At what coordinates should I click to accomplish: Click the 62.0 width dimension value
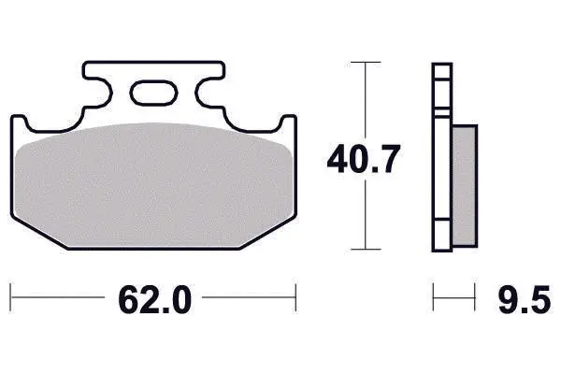pyautogui.click(x=154, y=299)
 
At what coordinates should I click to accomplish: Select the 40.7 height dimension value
pyautogui.click(x=364, y=159)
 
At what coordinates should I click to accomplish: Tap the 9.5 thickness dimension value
pyautogui.click(x=525, y=299)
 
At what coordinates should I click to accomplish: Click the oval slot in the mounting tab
pyautogui.click(x=154, y=93)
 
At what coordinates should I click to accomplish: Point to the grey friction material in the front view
pyautogui.click(x=154, y=184)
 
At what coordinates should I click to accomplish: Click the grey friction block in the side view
pyautogui.click(x=465, y=185)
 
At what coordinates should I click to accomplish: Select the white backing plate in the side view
pyautogui.click(x=442, y=157)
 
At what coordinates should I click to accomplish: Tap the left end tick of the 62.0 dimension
pyautogui.click(x=10, y=297)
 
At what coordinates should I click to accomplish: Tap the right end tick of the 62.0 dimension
pyautogui.click(x=295, y=297)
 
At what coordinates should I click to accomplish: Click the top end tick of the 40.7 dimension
pyautogui.click(x=366, y=63)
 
